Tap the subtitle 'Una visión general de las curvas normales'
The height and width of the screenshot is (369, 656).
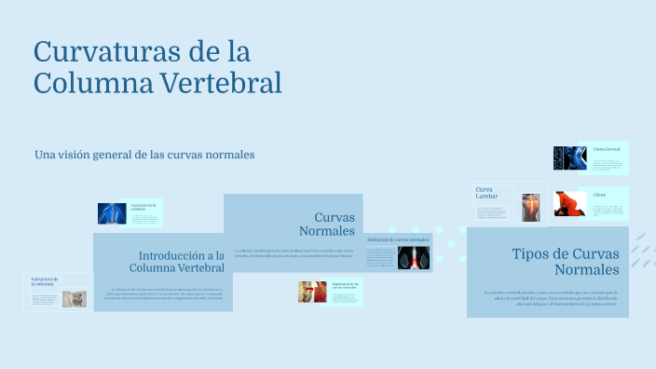pos(144,154)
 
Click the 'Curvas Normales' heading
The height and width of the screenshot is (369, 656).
pos(327,224)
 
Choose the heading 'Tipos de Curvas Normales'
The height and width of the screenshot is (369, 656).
pos(565,262)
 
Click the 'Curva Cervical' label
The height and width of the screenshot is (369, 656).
pos(606,149)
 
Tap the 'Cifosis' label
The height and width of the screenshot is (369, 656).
pos(599,195)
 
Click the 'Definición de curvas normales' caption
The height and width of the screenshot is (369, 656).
pos(398,239)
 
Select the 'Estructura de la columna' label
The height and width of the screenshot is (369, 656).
pos(45,281)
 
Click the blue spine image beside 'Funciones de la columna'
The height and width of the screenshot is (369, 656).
pos(113,214)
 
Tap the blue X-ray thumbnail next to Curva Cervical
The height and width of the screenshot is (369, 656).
pos(569,158)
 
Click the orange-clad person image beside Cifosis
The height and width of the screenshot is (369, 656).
pos(569,204)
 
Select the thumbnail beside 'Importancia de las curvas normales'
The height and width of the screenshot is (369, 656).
pos(312,292)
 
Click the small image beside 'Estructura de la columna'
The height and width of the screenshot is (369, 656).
pos(75,299)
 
